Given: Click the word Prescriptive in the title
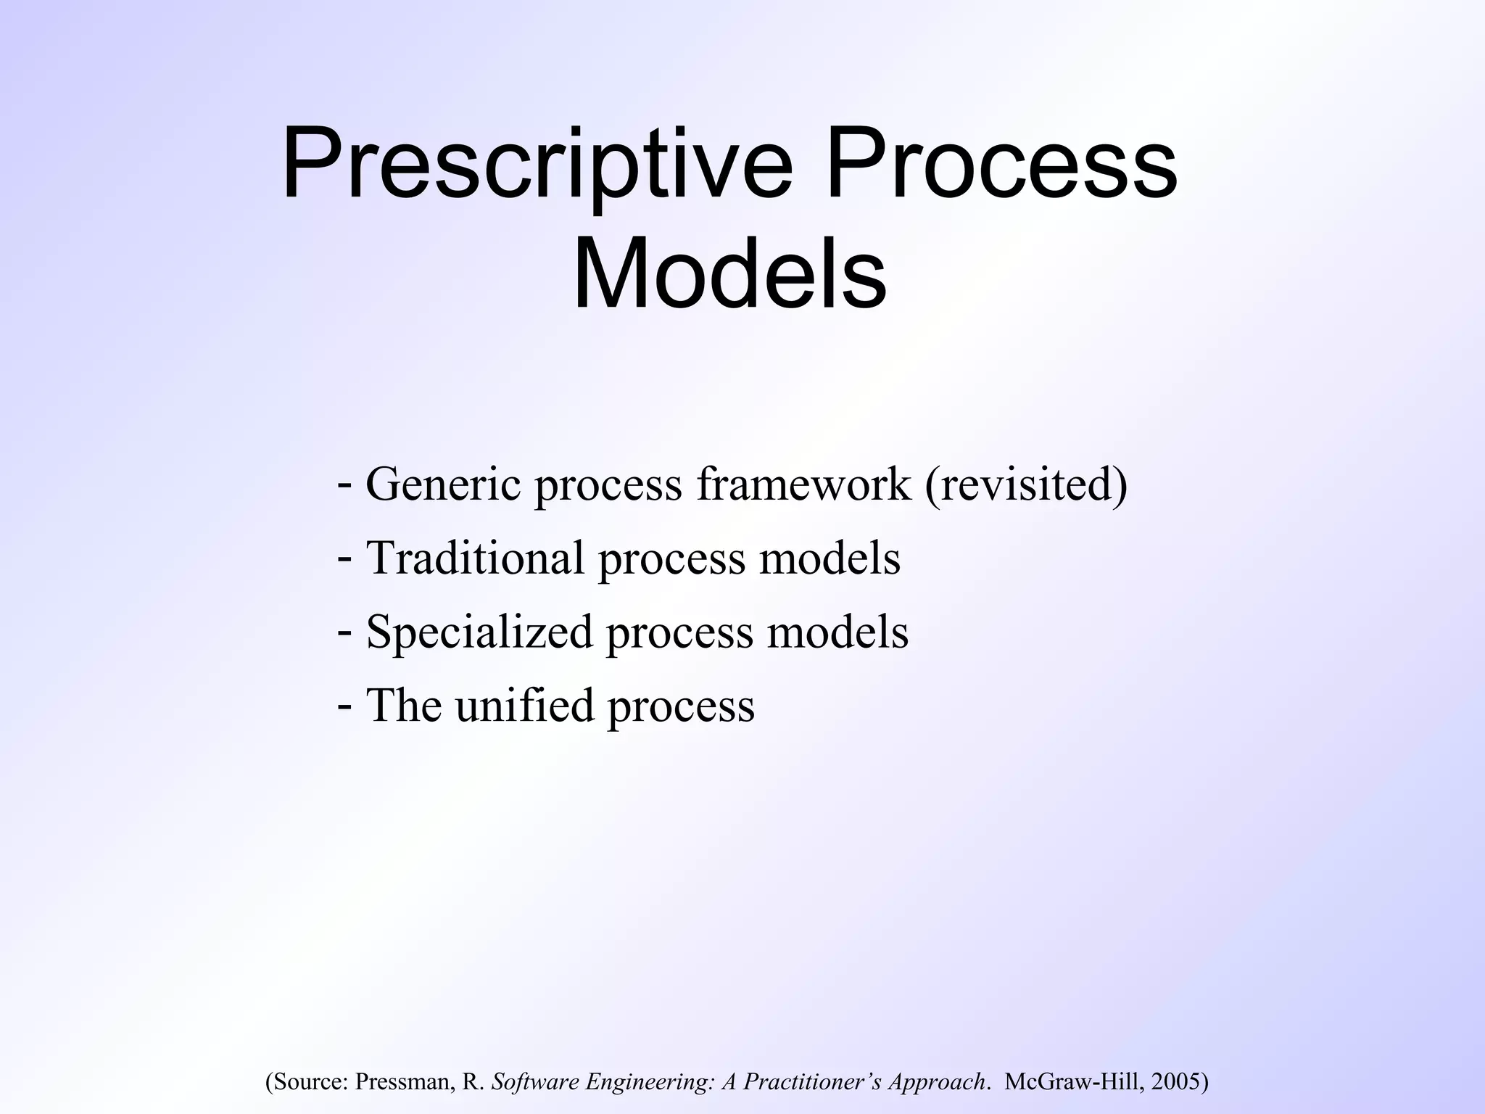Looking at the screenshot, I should [x=537, y=165].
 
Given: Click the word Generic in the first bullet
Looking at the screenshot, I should [x=443, y=484].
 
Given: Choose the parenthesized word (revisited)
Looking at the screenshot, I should [x=1026, y=485].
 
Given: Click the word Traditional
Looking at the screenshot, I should [x=475, y=558].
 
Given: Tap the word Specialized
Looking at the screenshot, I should [x=480, y=632].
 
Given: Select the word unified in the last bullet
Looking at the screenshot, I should [x=524, y=705].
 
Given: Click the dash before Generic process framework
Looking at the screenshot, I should [x=346, y=484].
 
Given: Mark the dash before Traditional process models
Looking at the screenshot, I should [x=346, y=558].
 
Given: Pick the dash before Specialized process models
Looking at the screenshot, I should [x=346, y=631].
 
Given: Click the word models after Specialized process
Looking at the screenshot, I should [x=837, y=632].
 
